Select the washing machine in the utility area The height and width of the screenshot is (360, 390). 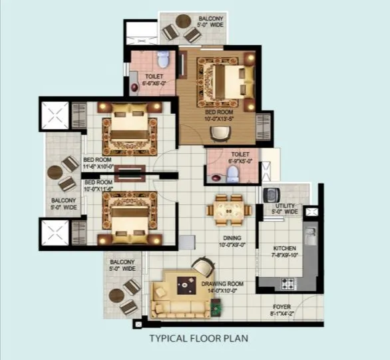(272, 196)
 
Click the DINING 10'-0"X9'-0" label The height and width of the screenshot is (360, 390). (232, 242)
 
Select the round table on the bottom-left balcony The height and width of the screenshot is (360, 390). (117, 294)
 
